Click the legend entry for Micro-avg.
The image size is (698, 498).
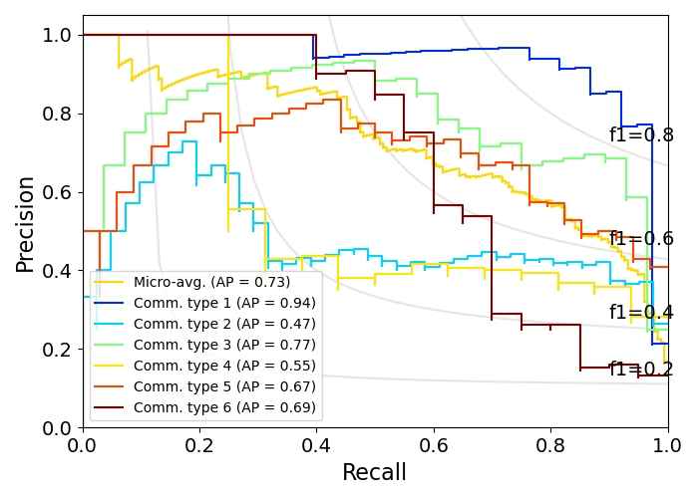tap(211, 282)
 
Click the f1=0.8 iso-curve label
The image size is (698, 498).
tap(641, 135)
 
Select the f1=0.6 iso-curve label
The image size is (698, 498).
tap(641, 239)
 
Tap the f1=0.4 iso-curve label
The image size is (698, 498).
tap(641, 313)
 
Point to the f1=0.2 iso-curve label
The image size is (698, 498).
tap(641, 370)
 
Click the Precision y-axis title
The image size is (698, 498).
tap(25, 223)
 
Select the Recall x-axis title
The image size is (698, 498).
tap(375, 473)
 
